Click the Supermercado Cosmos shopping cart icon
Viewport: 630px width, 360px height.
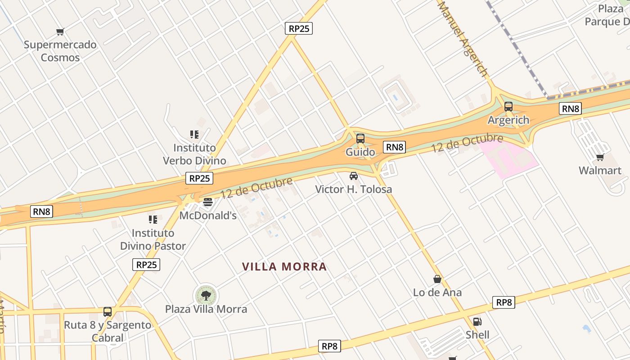pos(60,31)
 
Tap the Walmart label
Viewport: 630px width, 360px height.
pos(600,171)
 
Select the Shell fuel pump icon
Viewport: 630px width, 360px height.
pos(477,322)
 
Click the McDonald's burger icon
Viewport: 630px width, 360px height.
pos(207,202)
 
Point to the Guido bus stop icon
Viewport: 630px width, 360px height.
pos(360,139)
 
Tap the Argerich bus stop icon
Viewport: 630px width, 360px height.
pos(508,107)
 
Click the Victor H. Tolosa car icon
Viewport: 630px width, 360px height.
pos(354,176)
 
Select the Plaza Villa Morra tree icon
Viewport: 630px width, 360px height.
pos(206,296)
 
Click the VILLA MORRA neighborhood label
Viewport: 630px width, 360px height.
pos(284,267)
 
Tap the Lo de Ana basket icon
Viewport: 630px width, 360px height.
pos(437,279)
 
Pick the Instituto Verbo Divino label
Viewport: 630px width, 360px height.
pos(194,154)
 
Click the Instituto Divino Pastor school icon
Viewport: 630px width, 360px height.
pos(153,220)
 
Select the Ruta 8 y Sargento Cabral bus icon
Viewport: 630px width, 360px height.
pos(108,311)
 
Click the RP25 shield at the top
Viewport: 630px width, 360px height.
pos(299,28)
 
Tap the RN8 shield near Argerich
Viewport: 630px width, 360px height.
pos(571,108)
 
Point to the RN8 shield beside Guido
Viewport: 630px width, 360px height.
pos(395,147)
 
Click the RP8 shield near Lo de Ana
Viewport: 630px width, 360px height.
pos(504,302)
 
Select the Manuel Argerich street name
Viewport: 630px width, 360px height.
pos(463,39)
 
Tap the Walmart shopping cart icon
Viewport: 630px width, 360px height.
pos(600,157)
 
